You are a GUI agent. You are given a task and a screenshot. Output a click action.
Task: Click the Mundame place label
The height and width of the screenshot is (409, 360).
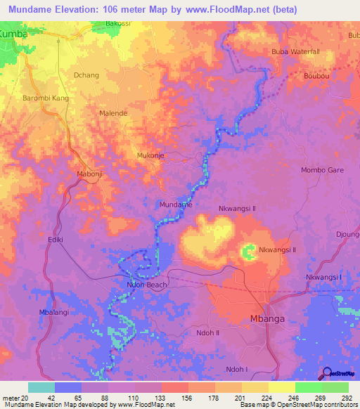tap(175, 204)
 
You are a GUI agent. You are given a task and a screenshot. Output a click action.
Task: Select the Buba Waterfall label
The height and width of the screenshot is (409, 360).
tap(295, 52)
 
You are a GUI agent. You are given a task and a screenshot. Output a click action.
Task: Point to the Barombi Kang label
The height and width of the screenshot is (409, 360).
tap(46, 98)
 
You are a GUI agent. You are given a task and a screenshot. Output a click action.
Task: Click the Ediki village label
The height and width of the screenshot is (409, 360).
tap(56, 240)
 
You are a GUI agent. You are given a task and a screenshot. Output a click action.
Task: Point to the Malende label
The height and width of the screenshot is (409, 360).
tap(113, 112)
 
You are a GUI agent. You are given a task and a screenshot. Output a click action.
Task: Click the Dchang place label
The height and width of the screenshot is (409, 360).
tap(86, 74)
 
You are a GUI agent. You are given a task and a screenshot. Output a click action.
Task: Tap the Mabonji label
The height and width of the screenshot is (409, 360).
tap(89, 173)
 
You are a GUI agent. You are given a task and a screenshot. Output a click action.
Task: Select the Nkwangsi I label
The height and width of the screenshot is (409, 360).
tap(323, 277)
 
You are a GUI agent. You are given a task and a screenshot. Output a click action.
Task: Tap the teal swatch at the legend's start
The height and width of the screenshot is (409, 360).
tap(41, 387)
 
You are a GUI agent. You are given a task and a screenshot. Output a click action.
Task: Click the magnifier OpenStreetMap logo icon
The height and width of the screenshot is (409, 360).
tap(327, 373)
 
